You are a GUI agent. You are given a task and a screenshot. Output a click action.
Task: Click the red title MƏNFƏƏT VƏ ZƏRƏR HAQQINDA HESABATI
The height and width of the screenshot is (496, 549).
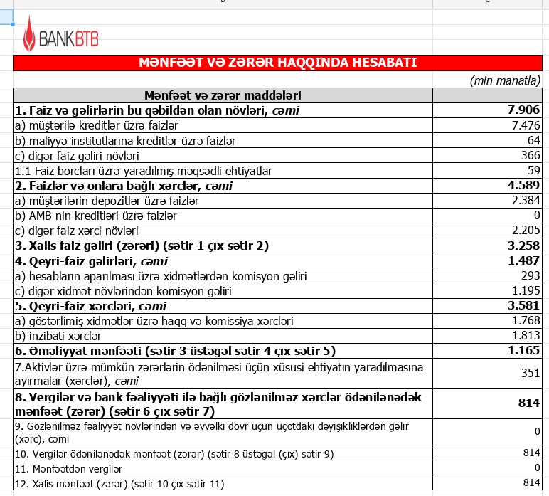coord(277,63)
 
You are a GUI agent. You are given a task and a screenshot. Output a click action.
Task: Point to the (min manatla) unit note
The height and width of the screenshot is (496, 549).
coord(505,80)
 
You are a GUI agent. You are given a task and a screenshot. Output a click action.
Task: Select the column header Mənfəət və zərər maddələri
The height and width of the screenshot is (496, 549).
coord(223,95)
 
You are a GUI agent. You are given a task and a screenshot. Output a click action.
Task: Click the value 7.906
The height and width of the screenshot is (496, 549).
coord(523,110)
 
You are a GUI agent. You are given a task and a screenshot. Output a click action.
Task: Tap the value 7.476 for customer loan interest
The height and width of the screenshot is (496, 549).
coord(526,125)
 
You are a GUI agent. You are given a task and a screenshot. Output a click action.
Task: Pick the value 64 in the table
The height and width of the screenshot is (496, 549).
coord(533,140)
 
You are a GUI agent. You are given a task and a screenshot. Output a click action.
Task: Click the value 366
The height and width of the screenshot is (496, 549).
coord(531,155)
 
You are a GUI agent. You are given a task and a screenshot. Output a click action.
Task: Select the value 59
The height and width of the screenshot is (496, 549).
coord(533,171)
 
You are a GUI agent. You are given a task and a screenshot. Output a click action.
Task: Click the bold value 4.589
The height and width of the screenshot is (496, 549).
coord(523,186)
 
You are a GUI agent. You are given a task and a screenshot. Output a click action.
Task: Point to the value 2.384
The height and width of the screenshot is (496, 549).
coord(526,201)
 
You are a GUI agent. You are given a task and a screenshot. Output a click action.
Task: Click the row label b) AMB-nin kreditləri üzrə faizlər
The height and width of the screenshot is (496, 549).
coord(96,216)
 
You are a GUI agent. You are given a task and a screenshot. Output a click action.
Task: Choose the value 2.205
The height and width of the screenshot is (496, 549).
coord(526,231)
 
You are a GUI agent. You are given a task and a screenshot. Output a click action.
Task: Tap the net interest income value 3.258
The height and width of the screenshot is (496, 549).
coord(523,246)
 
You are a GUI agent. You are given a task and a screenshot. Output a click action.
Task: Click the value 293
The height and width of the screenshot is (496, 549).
coord(531,276)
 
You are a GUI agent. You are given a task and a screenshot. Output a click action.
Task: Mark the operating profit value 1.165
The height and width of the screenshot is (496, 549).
coord(523,351)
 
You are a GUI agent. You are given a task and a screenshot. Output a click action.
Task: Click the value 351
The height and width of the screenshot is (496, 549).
coord(531,373)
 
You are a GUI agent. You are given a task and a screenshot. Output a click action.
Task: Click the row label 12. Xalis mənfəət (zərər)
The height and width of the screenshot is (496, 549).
coord(119,484)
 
